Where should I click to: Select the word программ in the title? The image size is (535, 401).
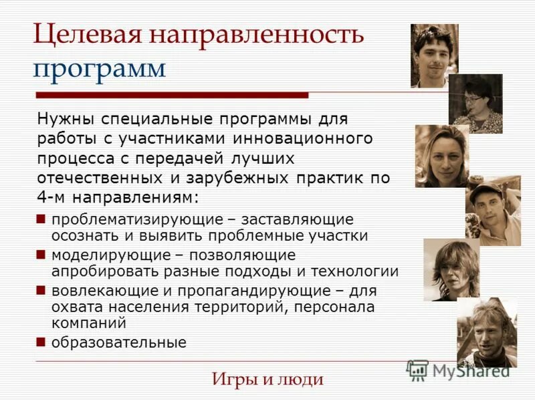coord(100,68)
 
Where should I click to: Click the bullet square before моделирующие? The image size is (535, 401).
coord(41,255)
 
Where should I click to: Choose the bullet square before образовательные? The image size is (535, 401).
coord(41,343)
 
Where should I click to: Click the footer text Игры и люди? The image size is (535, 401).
coord(267,380)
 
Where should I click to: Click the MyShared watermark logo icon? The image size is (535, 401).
coord(417,370)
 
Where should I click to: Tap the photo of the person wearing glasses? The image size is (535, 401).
coord(475,104)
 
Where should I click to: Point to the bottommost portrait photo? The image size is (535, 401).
coord(487,332)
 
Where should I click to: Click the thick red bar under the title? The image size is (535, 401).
coord(171,96)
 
